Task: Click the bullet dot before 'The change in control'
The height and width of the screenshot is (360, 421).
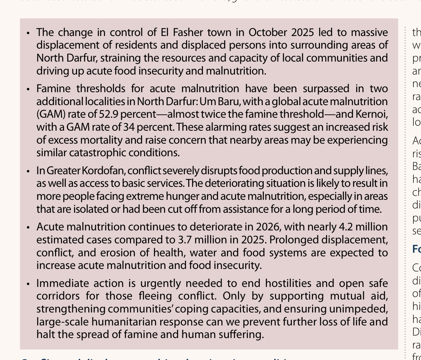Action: tap(28, 33)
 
